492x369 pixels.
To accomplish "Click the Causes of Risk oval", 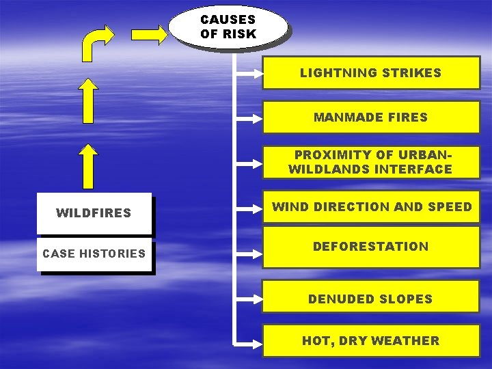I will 228,27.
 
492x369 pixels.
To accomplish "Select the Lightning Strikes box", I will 370,72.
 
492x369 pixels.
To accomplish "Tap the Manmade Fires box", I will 370,117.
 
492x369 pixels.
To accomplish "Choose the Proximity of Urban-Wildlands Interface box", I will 370,162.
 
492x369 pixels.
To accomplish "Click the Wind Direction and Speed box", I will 372,207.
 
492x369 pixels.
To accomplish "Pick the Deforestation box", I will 370,247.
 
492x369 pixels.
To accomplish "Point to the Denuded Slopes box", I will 370,299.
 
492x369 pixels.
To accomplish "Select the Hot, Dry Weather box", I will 370,340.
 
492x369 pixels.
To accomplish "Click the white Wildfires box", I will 94,213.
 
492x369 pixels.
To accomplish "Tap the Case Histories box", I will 94,254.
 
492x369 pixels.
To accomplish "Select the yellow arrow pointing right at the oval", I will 148,33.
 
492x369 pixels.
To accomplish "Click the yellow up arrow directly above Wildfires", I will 87,165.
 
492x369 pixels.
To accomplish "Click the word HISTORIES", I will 113,254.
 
